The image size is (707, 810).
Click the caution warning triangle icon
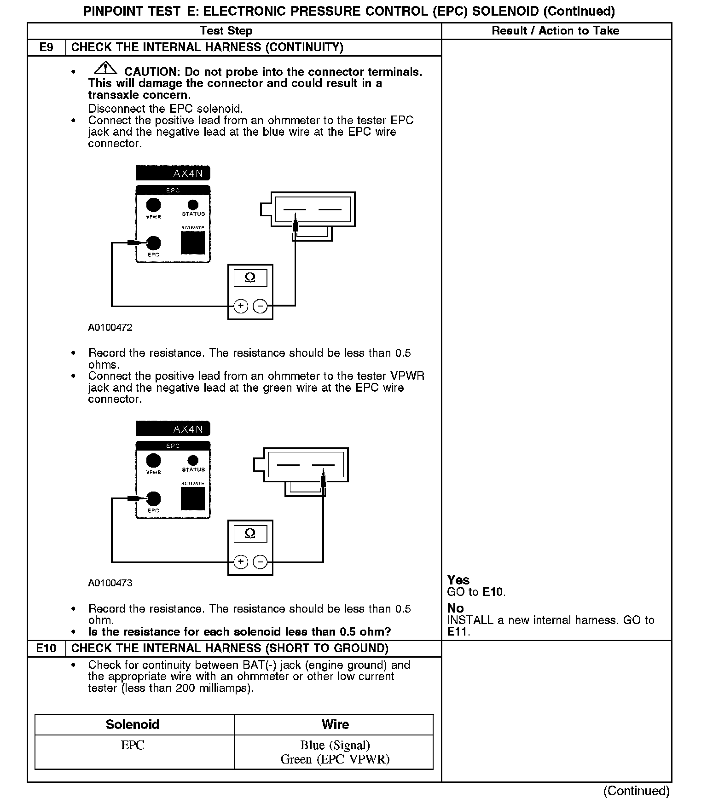105,68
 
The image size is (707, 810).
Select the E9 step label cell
46,47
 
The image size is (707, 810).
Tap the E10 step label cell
46,648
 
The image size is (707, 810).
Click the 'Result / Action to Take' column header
556,31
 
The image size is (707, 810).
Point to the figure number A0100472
110,328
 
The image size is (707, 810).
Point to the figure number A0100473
110,583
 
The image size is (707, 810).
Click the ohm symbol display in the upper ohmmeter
250,278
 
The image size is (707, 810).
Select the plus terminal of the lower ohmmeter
241,562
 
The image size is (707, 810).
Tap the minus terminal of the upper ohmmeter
260,306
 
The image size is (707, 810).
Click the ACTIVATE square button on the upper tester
193,243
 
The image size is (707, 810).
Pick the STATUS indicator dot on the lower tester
193,460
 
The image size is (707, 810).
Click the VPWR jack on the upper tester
153,205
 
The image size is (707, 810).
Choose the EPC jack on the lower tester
153,498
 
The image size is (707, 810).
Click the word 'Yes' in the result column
458,580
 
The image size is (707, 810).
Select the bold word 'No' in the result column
455,608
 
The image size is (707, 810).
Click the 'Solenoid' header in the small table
133,724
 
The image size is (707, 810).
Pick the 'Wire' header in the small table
335,724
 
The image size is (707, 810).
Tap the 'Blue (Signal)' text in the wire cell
335,745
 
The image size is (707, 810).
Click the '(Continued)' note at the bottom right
636,791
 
